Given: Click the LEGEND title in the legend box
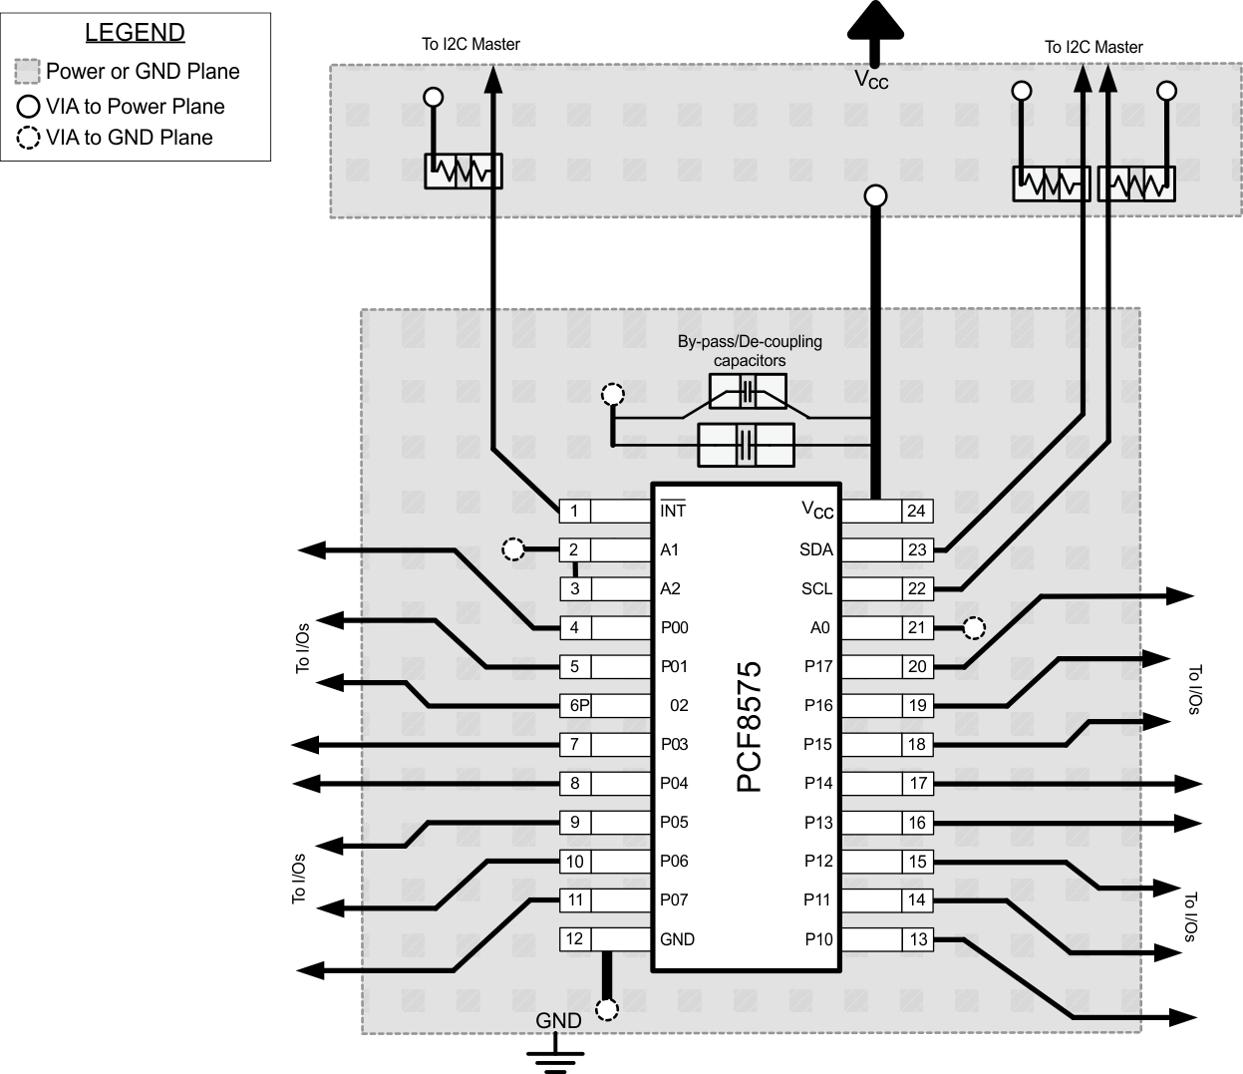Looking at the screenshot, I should click(x=135, y=32).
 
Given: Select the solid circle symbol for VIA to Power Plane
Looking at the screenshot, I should click(x=29, y=107).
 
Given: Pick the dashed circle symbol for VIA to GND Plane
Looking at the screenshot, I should click(x=29, y=139).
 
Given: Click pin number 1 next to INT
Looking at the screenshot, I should click(x=574, y=511).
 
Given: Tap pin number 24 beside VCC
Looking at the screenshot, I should click(x=916, y=511).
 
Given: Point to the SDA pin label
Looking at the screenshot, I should click(x=815, y=549).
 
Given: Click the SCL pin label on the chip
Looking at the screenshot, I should click(x=816, y=588).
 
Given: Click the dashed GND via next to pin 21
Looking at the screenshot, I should click(x=974, y=627).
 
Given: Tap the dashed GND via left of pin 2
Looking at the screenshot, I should click(x=512, y=549).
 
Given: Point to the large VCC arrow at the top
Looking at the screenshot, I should click(x=875, y=25).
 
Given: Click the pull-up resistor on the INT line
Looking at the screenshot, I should click(x=464, y=172).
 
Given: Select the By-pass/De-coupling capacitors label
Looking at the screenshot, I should click(x=750, y=350).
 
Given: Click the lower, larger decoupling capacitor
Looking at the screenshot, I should click(x=746, y=445).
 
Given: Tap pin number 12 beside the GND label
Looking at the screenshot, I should click(x=574, y=938).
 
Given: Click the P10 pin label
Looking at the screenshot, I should click(x=818, y=939).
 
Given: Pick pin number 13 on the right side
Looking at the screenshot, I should click(x=918, y=939).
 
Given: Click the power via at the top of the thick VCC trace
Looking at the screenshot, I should click(x=875, y=195).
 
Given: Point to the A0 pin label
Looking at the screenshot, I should click(x=819, y=627).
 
